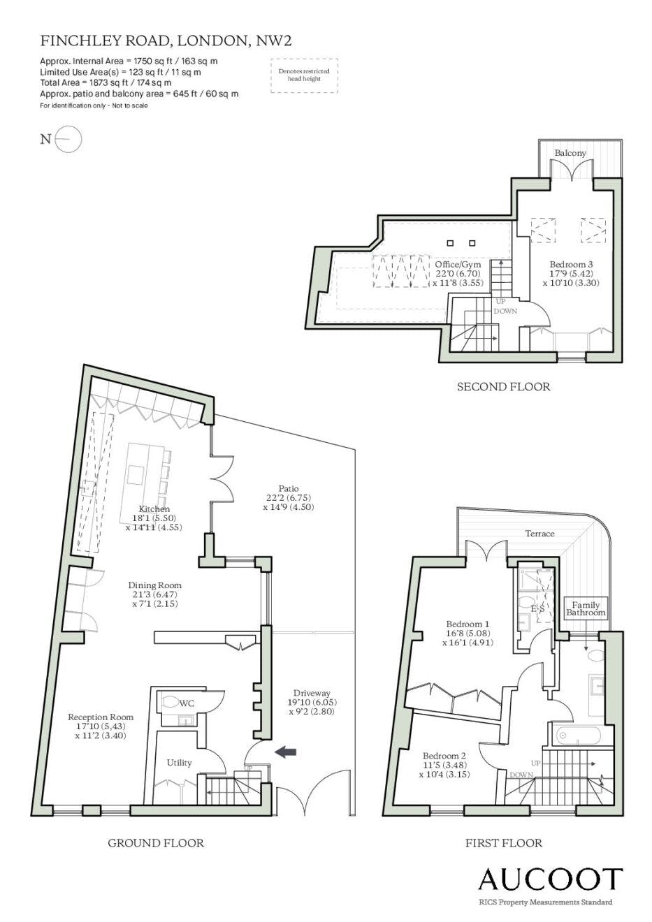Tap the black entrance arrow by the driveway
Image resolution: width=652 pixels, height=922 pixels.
point(286,752)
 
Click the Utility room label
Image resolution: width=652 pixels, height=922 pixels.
point(179,763)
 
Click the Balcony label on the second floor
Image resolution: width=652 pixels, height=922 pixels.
point(570,153)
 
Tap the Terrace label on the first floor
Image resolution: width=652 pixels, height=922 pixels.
point(539,534)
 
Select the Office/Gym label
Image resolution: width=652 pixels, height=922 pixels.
point(458,264)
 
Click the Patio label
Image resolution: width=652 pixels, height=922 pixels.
point(289,488)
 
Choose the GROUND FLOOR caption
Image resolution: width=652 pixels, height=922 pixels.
point(156,843)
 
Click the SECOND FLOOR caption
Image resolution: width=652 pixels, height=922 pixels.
point(504,386)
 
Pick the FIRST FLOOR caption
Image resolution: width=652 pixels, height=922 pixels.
point(504,843)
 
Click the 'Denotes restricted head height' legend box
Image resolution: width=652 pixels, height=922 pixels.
point(305,75)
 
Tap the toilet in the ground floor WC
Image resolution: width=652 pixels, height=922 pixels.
point(170,701)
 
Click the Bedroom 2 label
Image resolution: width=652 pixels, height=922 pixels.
point(444,756)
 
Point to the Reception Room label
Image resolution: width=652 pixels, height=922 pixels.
point(101,717)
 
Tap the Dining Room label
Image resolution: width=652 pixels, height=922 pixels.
point(155,585)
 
